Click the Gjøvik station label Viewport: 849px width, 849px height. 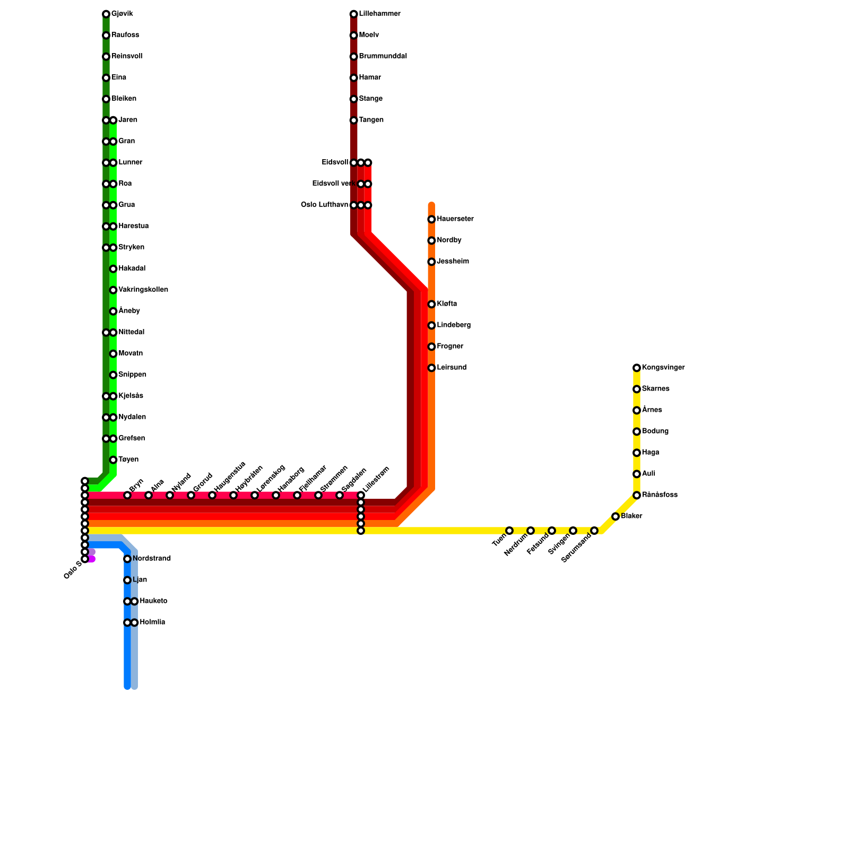click(x=122, y=14)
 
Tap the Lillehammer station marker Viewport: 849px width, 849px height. click(x=353, y=14)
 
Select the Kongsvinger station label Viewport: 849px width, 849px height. click(x=663, y=368)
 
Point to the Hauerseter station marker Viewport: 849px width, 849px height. click(x=431, y=219)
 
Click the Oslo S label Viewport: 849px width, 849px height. click(x=72, y=569)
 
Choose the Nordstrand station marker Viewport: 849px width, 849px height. click(x=127, y=559)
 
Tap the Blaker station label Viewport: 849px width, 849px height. click(x=631, y=516)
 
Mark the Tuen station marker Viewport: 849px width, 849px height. click(x=509, y=531)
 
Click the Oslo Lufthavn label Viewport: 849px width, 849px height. click(x=324, y=205)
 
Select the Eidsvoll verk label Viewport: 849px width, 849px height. click(x=333, y=184)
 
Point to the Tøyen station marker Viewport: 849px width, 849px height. click(x=113, y=460)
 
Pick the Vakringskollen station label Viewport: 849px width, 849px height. click(x=143, y=290)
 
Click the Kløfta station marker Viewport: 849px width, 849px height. click(x=431, y=304)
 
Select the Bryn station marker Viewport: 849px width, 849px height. click(x=127, y=495)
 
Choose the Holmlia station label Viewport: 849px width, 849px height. click(x=152, y=622)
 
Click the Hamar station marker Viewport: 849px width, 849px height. click(x=353, y=77)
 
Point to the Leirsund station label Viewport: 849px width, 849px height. click(x=452, y=368)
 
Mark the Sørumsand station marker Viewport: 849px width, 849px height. click(x=594, y=531)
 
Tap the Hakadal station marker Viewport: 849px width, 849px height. click(x=113, y=268)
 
